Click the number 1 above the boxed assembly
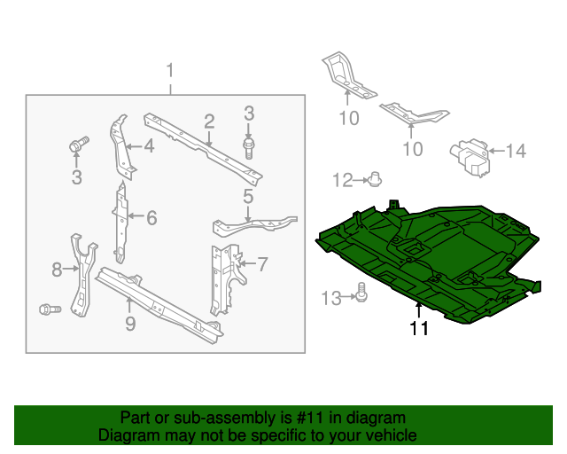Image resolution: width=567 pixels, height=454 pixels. tap(171, 70)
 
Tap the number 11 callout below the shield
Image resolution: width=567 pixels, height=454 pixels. tap(418, 329)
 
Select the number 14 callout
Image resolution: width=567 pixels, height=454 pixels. tap(515, 152)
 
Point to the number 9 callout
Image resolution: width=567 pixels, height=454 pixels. tap(130, 325)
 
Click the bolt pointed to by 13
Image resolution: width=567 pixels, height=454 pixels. tap(362, 290)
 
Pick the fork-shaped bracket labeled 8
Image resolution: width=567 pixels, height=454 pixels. tap(81, 275)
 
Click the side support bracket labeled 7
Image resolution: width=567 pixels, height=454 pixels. tap(221, 277)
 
